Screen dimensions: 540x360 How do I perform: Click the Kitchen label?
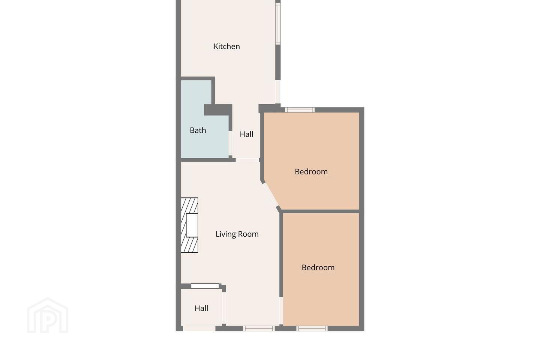coord(226,46)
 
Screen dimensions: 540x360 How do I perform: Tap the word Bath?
coord(198,130)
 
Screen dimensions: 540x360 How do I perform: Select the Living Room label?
coord(237,234)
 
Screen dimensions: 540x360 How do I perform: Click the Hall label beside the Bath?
coord(246,134)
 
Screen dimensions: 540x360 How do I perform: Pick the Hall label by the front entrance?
coord(201,308)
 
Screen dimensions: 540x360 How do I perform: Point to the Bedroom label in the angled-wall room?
coord(311,172)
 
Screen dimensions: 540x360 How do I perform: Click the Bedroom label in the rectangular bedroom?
coord(318,267)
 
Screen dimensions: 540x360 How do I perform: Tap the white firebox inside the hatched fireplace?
coord(192,225)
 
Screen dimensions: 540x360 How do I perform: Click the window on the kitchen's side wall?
coord(278,24)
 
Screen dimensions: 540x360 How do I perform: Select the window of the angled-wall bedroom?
coord(300,110)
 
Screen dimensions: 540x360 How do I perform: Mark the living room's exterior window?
coord(259,328)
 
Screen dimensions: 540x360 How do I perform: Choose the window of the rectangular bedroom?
coord(312,328)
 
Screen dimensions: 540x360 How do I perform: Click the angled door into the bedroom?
coord(270,195)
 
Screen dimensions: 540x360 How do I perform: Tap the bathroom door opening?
coord(231,143)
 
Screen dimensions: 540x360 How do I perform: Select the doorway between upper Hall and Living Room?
coord(247,160)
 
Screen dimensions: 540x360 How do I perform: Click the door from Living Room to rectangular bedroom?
coord(281,311)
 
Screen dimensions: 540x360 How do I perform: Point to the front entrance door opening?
coord(199,328)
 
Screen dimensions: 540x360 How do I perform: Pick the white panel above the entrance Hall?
coord(205,286)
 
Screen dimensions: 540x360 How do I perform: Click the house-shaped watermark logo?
coord(48,315)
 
